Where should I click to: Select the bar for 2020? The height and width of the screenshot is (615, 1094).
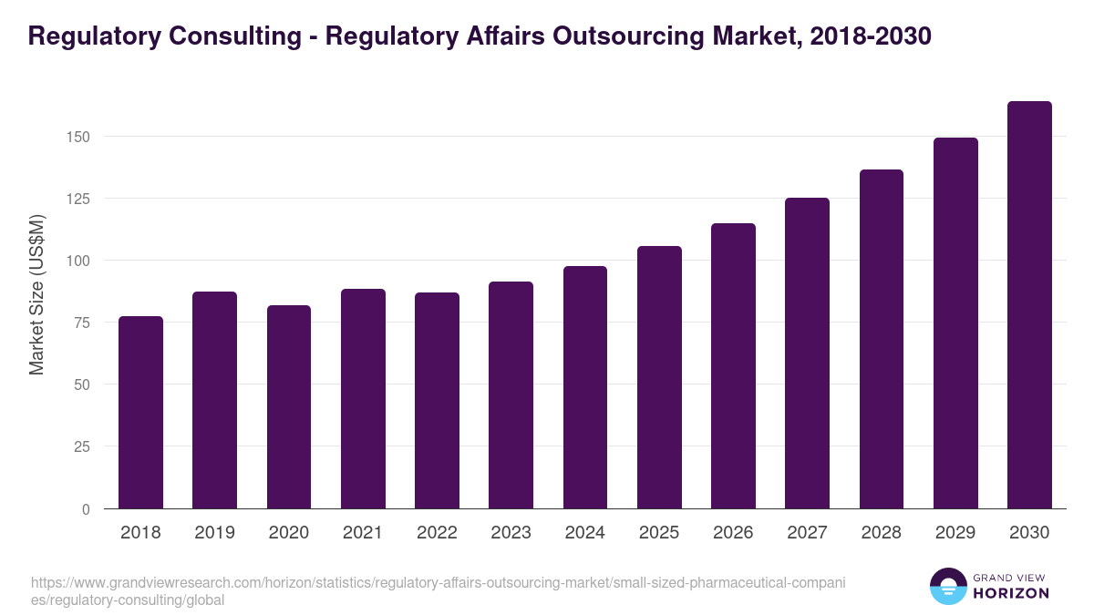click(x=289, y=407)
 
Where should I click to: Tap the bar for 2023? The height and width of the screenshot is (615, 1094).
click(x=511, y=395)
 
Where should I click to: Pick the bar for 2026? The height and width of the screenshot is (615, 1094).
click(x=733, y=366)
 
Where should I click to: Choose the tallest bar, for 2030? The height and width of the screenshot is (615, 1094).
click(x=1029, y=305)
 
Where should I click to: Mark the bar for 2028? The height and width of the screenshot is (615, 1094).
click(x=882, y=339)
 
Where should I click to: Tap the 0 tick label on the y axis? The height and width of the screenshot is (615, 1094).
click(x=87, y=509)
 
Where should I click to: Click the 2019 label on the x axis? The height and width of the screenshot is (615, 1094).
click(x=214, y=533)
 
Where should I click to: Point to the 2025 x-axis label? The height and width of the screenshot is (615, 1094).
click(x=659, y=533)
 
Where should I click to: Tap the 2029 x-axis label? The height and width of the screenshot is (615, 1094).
click(x=955, y=533)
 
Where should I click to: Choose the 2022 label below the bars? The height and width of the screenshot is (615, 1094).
click(x=437, y=533)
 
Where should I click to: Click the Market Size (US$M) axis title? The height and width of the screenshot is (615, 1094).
click(x=37, y=293)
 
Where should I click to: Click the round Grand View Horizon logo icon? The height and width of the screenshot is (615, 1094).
click(x=947, y=587)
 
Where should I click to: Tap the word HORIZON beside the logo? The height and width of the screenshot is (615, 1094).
click(x=1011, y=593)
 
